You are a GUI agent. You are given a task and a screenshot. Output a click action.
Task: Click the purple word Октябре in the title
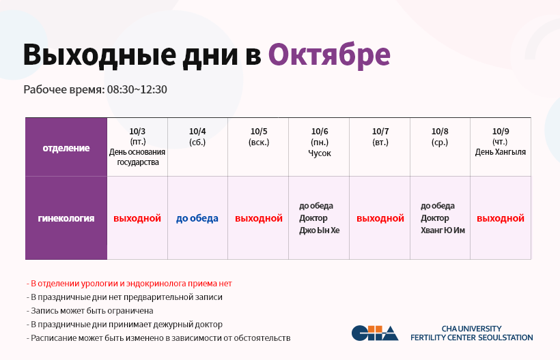[329, 55]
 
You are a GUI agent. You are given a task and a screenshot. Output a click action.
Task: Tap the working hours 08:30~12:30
[137, 89]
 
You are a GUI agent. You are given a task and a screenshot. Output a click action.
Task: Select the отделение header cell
[66, 148]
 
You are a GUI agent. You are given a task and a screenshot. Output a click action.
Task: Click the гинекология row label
[66, 218]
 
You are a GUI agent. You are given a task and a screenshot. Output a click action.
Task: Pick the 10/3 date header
[137, 132]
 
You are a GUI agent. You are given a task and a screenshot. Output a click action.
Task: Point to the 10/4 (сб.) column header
[197, 137]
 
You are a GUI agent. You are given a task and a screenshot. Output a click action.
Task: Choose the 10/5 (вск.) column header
[259, 137]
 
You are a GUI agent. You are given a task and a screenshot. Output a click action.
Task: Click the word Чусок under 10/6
[320, 153]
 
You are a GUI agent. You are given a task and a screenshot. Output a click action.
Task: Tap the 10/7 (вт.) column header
[380, 137]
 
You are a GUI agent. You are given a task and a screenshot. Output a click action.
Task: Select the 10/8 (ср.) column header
[440, 137]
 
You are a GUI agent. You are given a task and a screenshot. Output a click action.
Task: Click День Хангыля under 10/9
[501, 152]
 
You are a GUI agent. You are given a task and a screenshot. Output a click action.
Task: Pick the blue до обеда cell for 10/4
[197, 218]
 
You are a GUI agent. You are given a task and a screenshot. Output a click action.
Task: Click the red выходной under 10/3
[137, 218]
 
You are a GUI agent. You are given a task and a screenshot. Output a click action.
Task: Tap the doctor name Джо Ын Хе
[320, 230]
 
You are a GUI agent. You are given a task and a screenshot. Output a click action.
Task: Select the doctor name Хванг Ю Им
[443, 230]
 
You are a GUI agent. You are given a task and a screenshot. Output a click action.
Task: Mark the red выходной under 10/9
[501, 218]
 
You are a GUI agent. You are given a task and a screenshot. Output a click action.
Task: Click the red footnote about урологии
[129, 284]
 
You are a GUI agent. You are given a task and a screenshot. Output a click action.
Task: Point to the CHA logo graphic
[375, 333]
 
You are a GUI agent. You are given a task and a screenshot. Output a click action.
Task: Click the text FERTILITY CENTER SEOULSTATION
[471, 337]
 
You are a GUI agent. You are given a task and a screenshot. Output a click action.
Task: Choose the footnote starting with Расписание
[158, 338]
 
